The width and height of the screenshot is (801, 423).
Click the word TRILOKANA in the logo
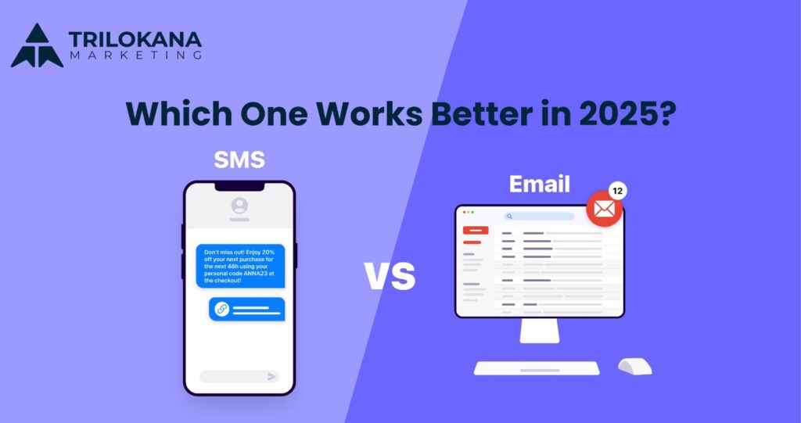click(x=135, y=38)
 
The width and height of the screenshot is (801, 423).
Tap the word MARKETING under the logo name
click(x=135, y=56)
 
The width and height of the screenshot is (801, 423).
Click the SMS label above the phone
click(x=239, y=161)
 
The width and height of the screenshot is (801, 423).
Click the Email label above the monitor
click(x=540, y=184)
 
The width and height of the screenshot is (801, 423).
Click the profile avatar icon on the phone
click(x=239, y=206)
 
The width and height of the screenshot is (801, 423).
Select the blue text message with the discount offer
click(x=240, y=267)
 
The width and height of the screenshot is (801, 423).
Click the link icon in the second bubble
click(x=221, y=310)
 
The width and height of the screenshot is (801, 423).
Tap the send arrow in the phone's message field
click(x=271, y=376)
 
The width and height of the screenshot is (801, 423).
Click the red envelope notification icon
click(x=605, y=209)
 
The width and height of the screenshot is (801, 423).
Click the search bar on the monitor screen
click(x=539, y=217)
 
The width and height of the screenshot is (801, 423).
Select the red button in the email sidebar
click(x=476, y=231)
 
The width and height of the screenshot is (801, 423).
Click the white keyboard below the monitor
click(x=537, y=367)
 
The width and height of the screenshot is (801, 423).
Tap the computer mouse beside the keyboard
click(x=634, y=366)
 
